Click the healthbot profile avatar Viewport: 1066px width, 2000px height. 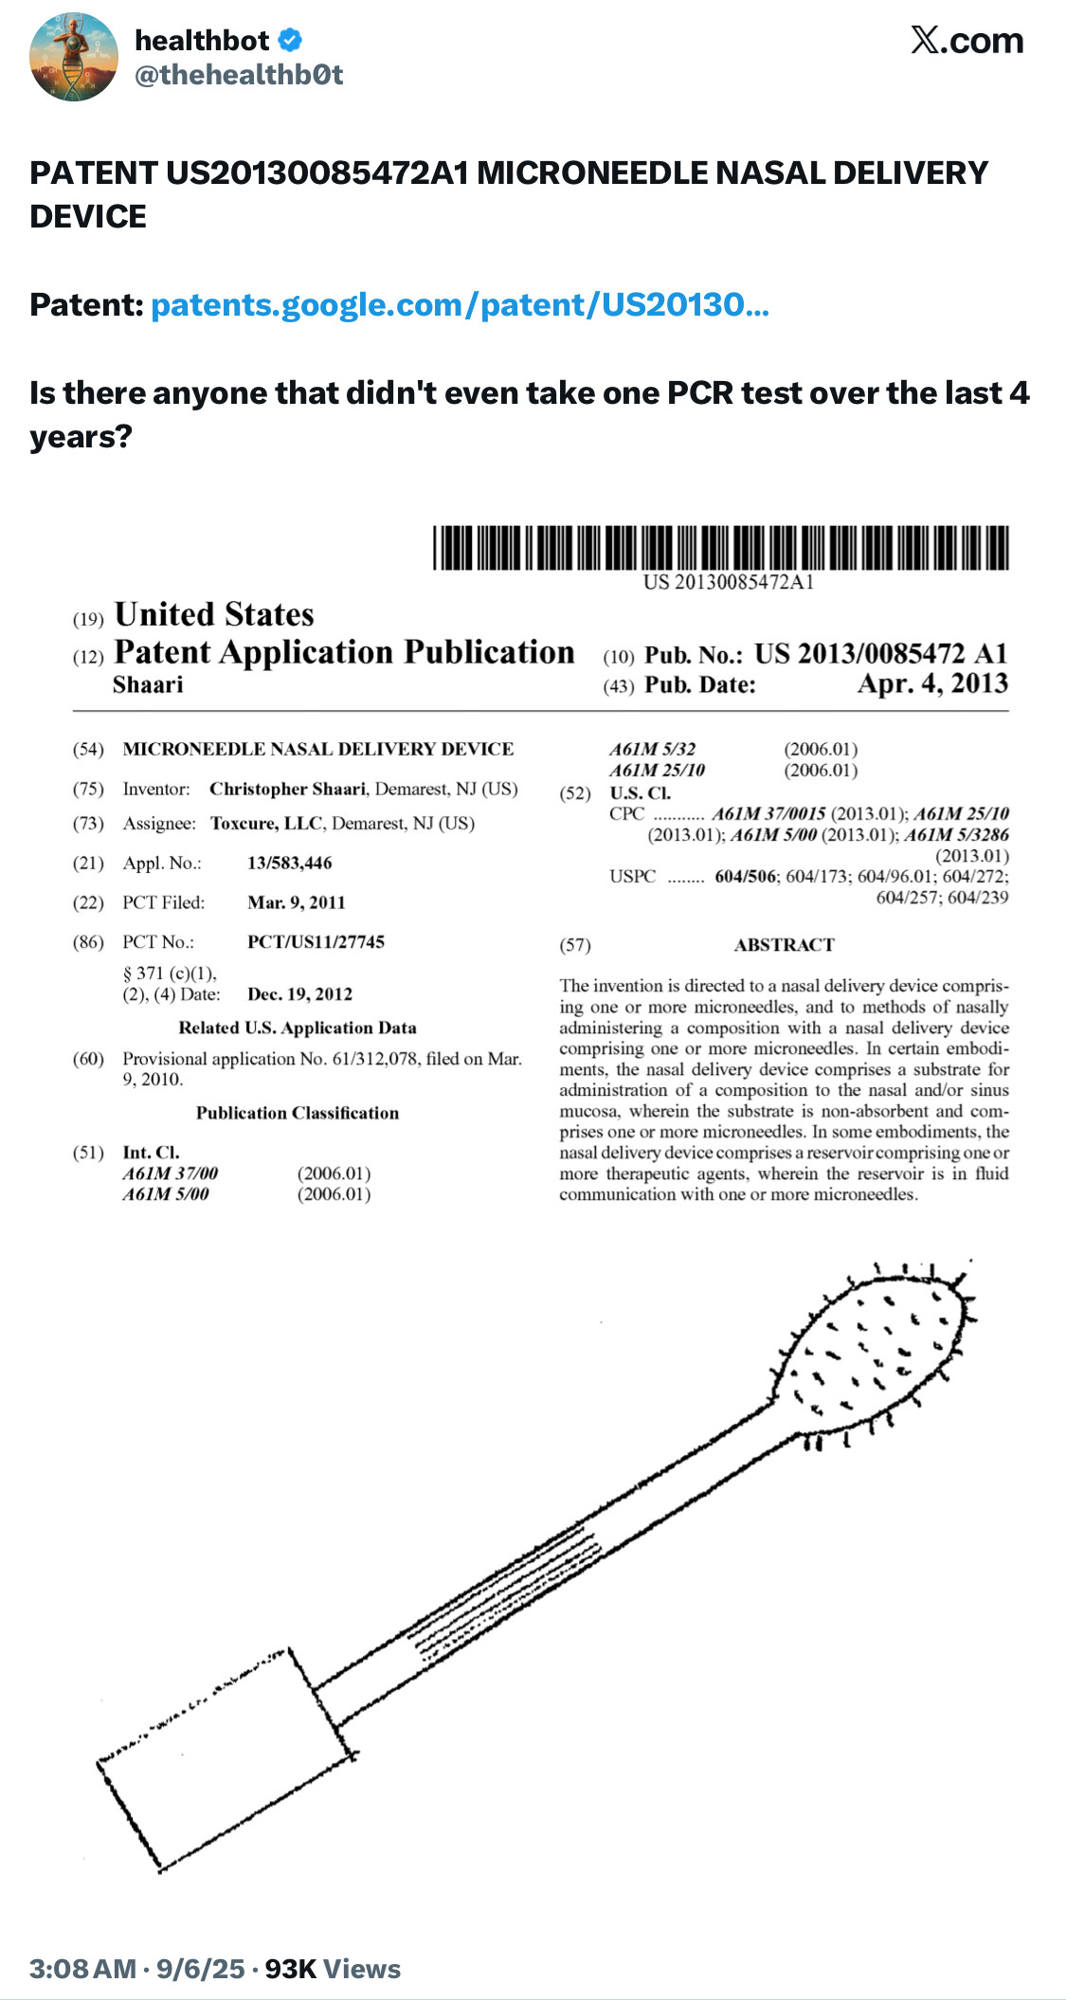[x=75, y=57]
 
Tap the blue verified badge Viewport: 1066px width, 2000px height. [x=290, y=41]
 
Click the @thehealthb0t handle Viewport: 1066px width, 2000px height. [x=239, y=75]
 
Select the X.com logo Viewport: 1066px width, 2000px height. [x=967, y=41]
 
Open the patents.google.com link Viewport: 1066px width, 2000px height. [x=460, y=305]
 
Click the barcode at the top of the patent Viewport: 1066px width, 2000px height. [x=721, y=548]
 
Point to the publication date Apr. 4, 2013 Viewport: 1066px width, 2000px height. [x=932, y=684]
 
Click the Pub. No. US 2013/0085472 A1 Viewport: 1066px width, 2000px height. [x=880, y=654]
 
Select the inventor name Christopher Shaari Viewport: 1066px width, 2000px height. [x=287, y=789]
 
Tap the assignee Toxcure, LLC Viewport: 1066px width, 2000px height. [x=267, y=823]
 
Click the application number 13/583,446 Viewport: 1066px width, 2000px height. [x=289, y=863]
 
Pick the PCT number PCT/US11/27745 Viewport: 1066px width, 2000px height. [x=316, y=941]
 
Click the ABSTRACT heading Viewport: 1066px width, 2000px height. [x=784, y=945]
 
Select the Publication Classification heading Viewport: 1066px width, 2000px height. [x=298, y=1113]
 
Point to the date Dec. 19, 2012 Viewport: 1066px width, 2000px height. [x=299, y=994]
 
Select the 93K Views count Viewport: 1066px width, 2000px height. [x=333, y=1969]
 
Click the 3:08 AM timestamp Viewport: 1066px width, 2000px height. [x=83, y=1969]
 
